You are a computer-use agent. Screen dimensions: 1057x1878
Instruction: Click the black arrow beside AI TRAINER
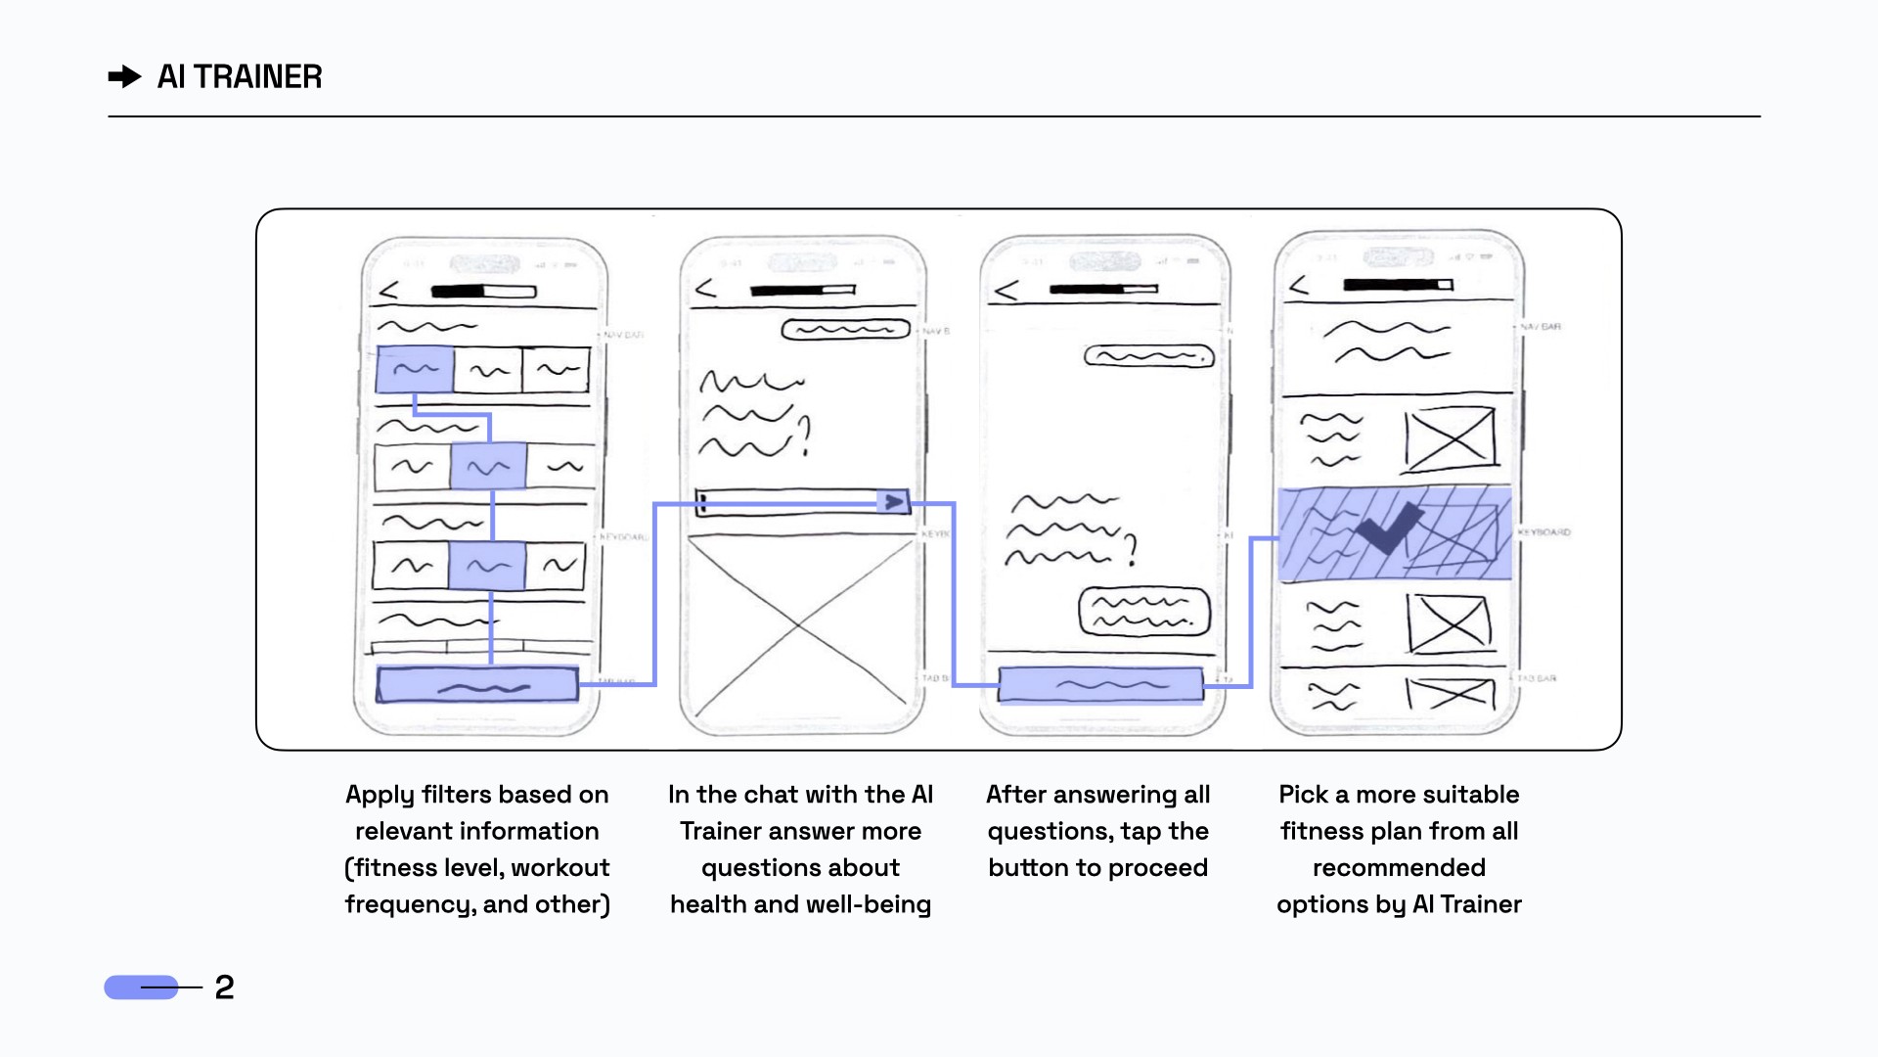[124, 76]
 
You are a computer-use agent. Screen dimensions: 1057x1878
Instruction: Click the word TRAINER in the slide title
[258, 76]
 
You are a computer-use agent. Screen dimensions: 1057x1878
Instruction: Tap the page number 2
[224, 987]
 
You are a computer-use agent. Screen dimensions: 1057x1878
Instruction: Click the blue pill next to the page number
[141, 987]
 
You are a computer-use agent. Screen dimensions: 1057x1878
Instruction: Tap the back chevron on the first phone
[388, 291]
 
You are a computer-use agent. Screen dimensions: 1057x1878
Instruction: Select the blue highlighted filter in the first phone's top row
[415, 369]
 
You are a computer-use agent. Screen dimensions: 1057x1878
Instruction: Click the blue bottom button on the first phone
[477, 685]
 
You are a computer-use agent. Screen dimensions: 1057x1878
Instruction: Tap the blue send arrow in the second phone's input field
[894, 502]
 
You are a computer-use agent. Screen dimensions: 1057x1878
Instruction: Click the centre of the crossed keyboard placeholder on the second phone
[800, 624]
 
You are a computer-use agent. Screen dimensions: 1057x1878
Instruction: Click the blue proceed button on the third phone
[1100, 684]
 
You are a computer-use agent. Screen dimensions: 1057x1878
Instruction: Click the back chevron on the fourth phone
[1298, 285]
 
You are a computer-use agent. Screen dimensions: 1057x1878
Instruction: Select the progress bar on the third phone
[1103, 289]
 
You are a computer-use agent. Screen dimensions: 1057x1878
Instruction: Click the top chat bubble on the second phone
[845, 330]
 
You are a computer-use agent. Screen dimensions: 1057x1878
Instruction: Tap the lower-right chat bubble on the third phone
[1143, 613]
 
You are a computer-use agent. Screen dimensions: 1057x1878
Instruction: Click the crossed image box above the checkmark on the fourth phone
[1450, 439]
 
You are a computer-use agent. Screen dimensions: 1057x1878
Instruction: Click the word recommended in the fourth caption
[1399, 867]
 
